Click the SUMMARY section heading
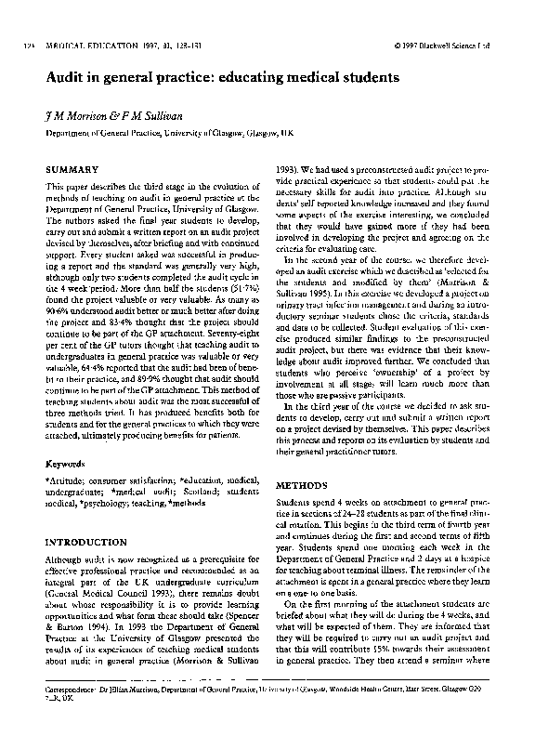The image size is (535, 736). (72, 169)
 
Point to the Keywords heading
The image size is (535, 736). (68, 462)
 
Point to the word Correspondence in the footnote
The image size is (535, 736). (77, 692)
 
